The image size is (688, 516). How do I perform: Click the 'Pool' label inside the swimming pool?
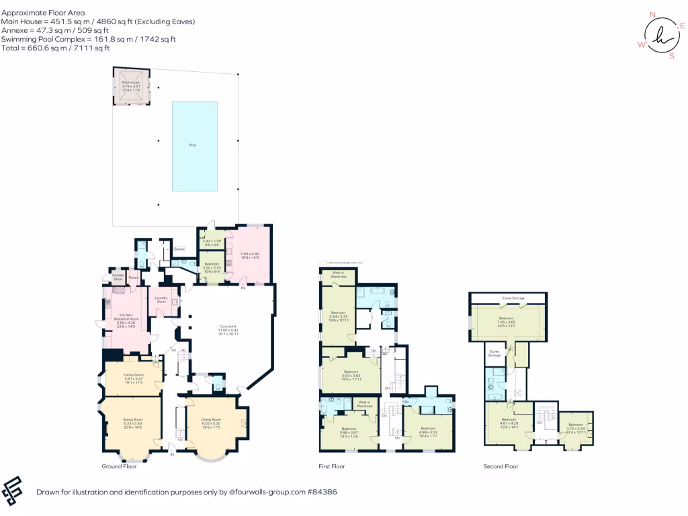pyautogui.click(x=193, y=144)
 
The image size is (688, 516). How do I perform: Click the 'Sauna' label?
pyautogui.click(x=179, y=249)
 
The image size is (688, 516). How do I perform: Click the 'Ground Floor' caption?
pyautogui.click(x=120, y=466)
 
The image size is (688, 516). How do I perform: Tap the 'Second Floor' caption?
pyautogui.click(x=501, y=466)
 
